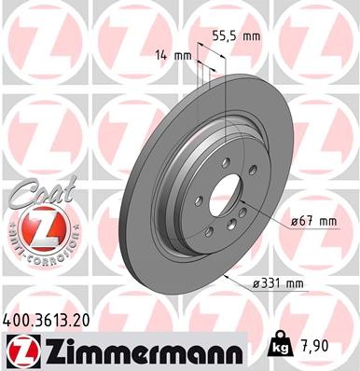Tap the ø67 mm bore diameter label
point(312,220)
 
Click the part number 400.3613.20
point(47,317)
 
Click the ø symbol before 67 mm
point(292,220)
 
